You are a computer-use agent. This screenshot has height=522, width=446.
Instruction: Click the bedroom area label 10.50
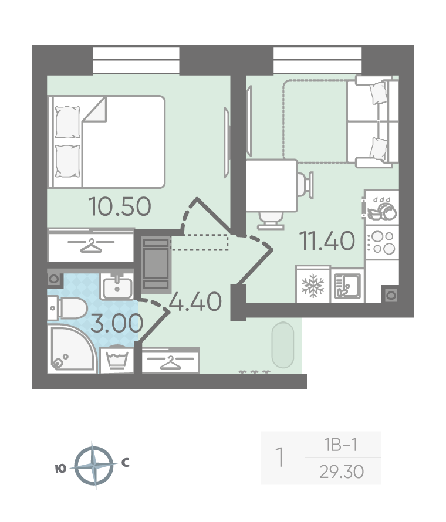point(120,206)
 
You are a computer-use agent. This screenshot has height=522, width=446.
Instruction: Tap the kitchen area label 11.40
point(327,240)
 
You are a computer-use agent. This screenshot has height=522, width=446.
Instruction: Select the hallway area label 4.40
point(195,301)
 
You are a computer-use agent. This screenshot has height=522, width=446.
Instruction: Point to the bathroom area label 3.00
point(117,323)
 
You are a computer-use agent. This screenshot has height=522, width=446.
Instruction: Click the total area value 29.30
point(342,472)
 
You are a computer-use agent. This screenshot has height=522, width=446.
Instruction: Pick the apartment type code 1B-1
point(341,445)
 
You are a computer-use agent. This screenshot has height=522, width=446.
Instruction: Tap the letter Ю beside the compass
point(60,469)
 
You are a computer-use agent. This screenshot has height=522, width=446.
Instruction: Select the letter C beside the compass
point(125,462)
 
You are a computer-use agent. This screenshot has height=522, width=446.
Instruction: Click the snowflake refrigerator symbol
point(313,285)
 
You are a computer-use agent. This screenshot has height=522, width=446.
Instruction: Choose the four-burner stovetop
point(382,242)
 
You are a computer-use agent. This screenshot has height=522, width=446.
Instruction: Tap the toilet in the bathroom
point(67,308)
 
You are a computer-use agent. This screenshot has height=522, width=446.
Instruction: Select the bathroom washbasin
point(117,287)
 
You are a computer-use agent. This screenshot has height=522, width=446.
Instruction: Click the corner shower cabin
point(72,349)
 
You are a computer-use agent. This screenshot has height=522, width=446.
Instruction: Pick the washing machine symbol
point(117,360)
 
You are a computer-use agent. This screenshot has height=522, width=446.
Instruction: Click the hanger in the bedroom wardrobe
point(91,246)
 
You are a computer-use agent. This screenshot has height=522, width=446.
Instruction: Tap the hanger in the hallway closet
point(171,362)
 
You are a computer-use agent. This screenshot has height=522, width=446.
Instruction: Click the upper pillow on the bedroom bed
point(67,122)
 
